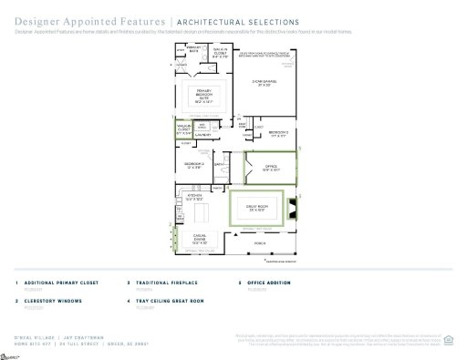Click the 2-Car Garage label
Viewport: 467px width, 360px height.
(x=264, y=83)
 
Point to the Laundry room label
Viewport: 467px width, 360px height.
(x=204, y=135)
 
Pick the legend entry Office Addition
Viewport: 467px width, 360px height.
(x=273, y=283)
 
